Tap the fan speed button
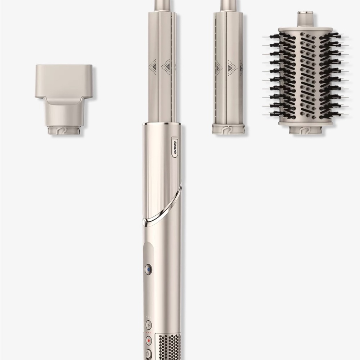149,325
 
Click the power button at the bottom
148,354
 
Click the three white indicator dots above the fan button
148,317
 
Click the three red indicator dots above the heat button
148,332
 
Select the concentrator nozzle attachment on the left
64,100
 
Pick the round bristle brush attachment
305,73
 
